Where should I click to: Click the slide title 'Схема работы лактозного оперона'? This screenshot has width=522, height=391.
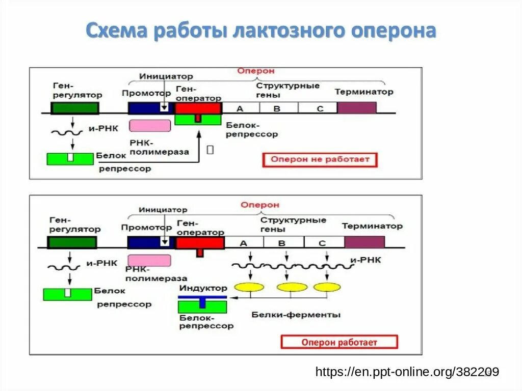click(260, 31)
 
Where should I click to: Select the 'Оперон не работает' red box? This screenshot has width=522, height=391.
click(320, 160)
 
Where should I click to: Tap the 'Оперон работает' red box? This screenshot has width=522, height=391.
click(339, 342)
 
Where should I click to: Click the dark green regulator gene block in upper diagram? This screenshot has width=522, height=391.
click(75, 108)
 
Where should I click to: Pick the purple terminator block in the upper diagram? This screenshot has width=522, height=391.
click(356, 108)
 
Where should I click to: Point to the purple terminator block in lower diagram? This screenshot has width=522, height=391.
click(364, 242)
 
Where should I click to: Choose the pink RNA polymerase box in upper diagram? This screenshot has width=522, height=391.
click(150, 126)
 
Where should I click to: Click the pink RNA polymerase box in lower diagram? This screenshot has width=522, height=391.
click(149, 261)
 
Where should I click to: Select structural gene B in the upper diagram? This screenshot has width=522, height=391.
click(278, 108)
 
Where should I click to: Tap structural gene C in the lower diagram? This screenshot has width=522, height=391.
click(323, 242)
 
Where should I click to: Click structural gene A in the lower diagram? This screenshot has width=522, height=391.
click(244, 242)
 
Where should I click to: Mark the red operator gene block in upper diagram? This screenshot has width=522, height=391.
click(198, 108)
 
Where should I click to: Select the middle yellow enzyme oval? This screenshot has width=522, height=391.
click(292, 287)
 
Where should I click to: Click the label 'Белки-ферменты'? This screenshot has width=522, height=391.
click(296, 315)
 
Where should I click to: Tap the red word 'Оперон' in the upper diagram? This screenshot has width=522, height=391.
click(255, 71)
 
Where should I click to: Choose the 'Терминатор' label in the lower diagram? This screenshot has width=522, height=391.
click(372, 226)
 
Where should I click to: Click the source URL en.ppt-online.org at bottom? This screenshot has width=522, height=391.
click(407, 372)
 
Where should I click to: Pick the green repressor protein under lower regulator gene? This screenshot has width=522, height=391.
click(67, 294)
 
